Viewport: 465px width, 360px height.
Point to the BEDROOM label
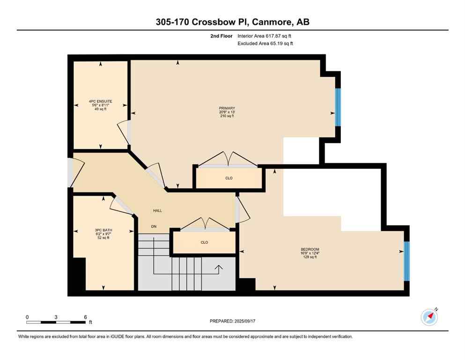click(310, 249)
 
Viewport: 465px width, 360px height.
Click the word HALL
click(157, 210)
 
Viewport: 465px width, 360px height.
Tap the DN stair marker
click(154, 226)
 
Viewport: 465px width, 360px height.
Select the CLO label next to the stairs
click(204, 242)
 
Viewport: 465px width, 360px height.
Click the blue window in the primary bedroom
click(338, 107)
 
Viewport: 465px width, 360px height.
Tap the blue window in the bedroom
click(406, 261)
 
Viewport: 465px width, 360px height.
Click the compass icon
click(429, 317)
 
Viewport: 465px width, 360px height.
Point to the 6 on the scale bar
click(85, 317)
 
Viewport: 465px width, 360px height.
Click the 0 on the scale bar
click(27, 317)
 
